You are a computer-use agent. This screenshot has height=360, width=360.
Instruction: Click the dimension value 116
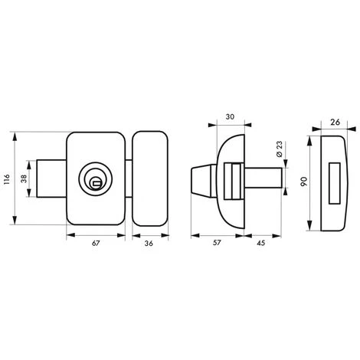[x=6, y=179]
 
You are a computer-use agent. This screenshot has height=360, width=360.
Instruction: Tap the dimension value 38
[x=24, y=178]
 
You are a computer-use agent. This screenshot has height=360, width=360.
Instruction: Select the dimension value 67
[x=96, y=244]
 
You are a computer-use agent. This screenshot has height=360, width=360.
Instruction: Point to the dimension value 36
[x=149, y=244]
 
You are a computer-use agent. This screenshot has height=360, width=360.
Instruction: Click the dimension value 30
[x=230, y=117]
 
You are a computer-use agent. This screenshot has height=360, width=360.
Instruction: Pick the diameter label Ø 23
[x=280, y=149]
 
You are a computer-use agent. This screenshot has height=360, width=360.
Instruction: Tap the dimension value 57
[x=217, y=243]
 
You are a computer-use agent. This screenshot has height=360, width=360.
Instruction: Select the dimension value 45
[x=260, y=243]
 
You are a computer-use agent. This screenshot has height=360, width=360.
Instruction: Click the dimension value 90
[x=304, y=182]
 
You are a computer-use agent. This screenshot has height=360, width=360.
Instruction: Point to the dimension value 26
[x=335, y=123]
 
